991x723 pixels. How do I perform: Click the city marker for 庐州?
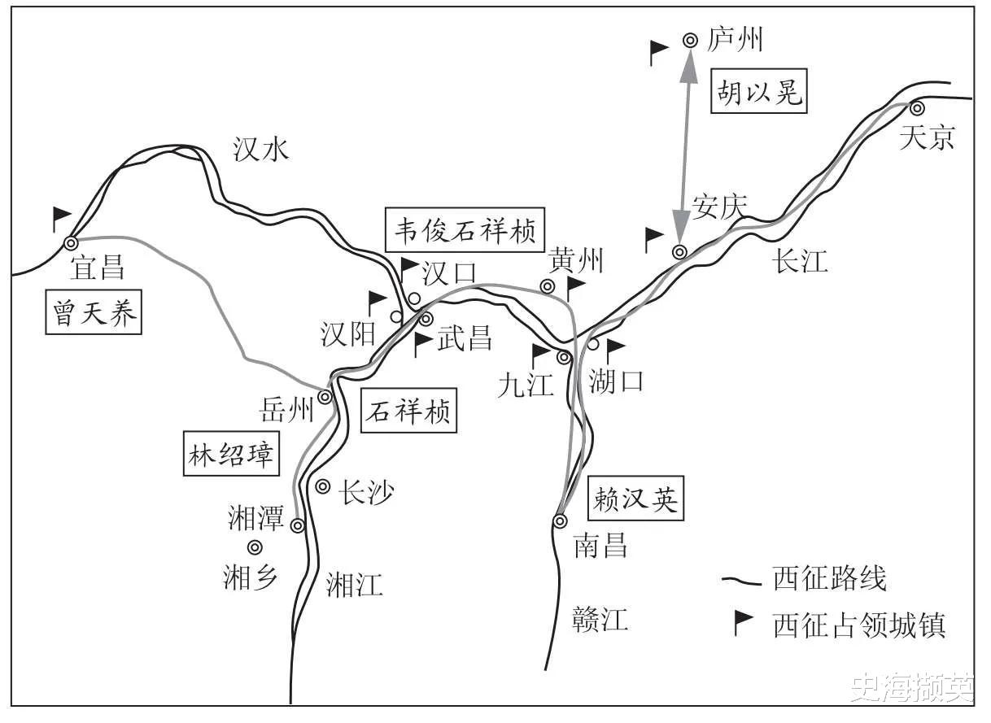[690, 40]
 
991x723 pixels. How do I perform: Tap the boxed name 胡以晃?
[759, 91]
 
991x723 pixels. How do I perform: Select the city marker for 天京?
[917, 108]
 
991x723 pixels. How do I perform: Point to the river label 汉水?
[261, 150]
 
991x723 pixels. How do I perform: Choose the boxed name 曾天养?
[94, 312]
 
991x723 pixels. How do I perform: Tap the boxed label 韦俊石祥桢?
[465, 230]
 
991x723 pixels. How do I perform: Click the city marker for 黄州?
[548, 286]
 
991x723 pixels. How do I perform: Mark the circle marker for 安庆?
[679, 252]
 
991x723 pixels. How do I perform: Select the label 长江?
[800, 261]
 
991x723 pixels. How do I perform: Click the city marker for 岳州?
[325, 397]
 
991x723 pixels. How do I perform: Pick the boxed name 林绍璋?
[231, 454]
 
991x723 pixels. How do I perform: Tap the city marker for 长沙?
[323, 487]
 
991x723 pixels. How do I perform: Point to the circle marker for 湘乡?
[255, 547]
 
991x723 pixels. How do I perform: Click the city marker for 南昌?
[560, 521]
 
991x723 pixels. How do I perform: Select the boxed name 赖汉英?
[635, 499]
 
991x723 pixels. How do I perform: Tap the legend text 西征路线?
[830, 578]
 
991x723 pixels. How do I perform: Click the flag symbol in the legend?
[744, 623]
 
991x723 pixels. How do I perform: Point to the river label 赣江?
[600, 619]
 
